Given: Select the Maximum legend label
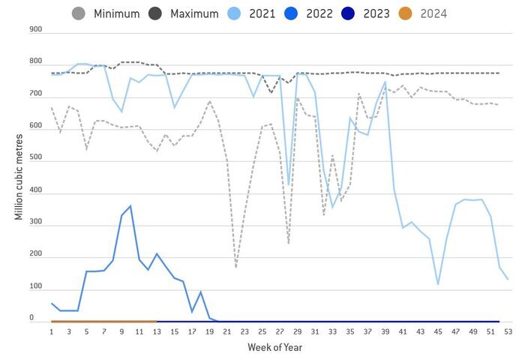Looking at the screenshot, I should tap(194, 13).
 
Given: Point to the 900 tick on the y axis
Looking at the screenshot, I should tap(37, 29).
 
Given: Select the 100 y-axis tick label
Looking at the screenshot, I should tap(37, 288).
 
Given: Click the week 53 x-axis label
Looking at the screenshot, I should tap(508, 331).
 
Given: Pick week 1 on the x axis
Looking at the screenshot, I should tap(52, 331).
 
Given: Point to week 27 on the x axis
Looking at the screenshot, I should tap(280, 331).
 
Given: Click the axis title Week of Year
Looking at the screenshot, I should tap(275, 347).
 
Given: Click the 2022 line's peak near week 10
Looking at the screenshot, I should tap(130, 205).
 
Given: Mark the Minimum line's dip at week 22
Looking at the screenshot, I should tap(235, 267).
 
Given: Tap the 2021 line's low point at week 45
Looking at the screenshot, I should tap(438, 284).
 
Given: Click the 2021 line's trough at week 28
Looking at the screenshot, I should tap(289, 185).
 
